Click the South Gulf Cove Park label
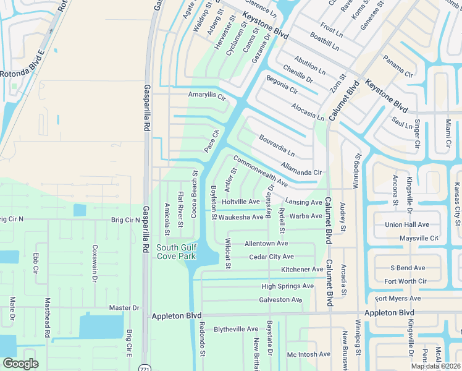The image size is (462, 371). (176, 252)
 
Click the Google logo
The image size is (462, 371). (20, 364)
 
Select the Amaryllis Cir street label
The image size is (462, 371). (208, 96)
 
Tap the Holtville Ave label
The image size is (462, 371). (241, 202)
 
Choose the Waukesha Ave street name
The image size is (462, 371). (241, 217)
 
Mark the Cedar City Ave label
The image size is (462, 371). (271, 257)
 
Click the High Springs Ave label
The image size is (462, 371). (287, 286)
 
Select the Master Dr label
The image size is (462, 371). (124, 308)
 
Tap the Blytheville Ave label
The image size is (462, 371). (235, 330)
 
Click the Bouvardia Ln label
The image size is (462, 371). (277, 146)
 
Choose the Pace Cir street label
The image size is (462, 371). (212, 142)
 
